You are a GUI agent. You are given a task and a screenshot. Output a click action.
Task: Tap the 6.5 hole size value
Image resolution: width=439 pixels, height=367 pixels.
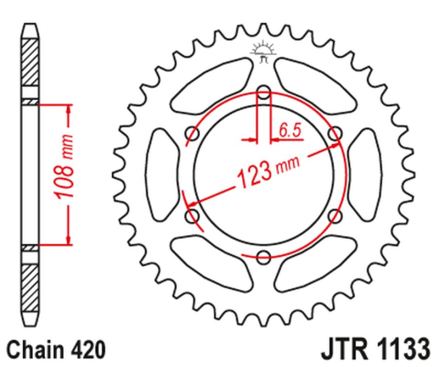pyautogui.click(x=288, y=131)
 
